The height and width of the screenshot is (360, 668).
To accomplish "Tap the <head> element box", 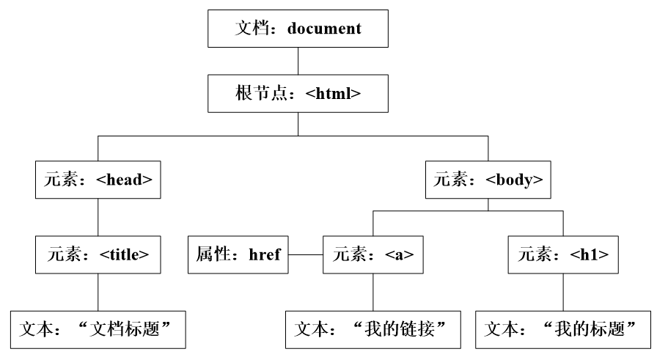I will [x=98, y=180].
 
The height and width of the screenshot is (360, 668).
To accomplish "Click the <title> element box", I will [x=98, y=255].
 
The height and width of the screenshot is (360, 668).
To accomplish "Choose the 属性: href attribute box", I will [x=238, y=255].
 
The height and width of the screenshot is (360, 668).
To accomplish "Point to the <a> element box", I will [x=373, y=255].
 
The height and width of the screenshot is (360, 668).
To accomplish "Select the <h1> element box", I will [x=563, y=255].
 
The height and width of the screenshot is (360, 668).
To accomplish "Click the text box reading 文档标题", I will [x=98, y=328].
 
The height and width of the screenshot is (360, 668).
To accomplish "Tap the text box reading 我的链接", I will [x=373, y=328].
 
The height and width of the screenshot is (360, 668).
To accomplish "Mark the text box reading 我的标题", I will [x=563, y=328].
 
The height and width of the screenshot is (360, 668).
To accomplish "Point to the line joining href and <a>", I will [x=305, y=255].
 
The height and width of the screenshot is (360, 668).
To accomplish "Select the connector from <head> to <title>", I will [x=98, y=217].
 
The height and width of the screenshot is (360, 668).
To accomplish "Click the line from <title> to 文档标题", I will [x=98, y=292].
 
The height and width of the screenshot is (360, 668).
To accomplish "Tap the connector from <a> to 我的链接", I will [x=373, y=292].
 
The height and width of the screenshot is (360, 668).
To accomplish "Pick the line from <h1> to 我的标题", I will [x=563, y=292].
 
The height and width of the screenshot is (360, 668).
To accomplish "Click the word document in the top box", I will [x=324, y=30].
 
